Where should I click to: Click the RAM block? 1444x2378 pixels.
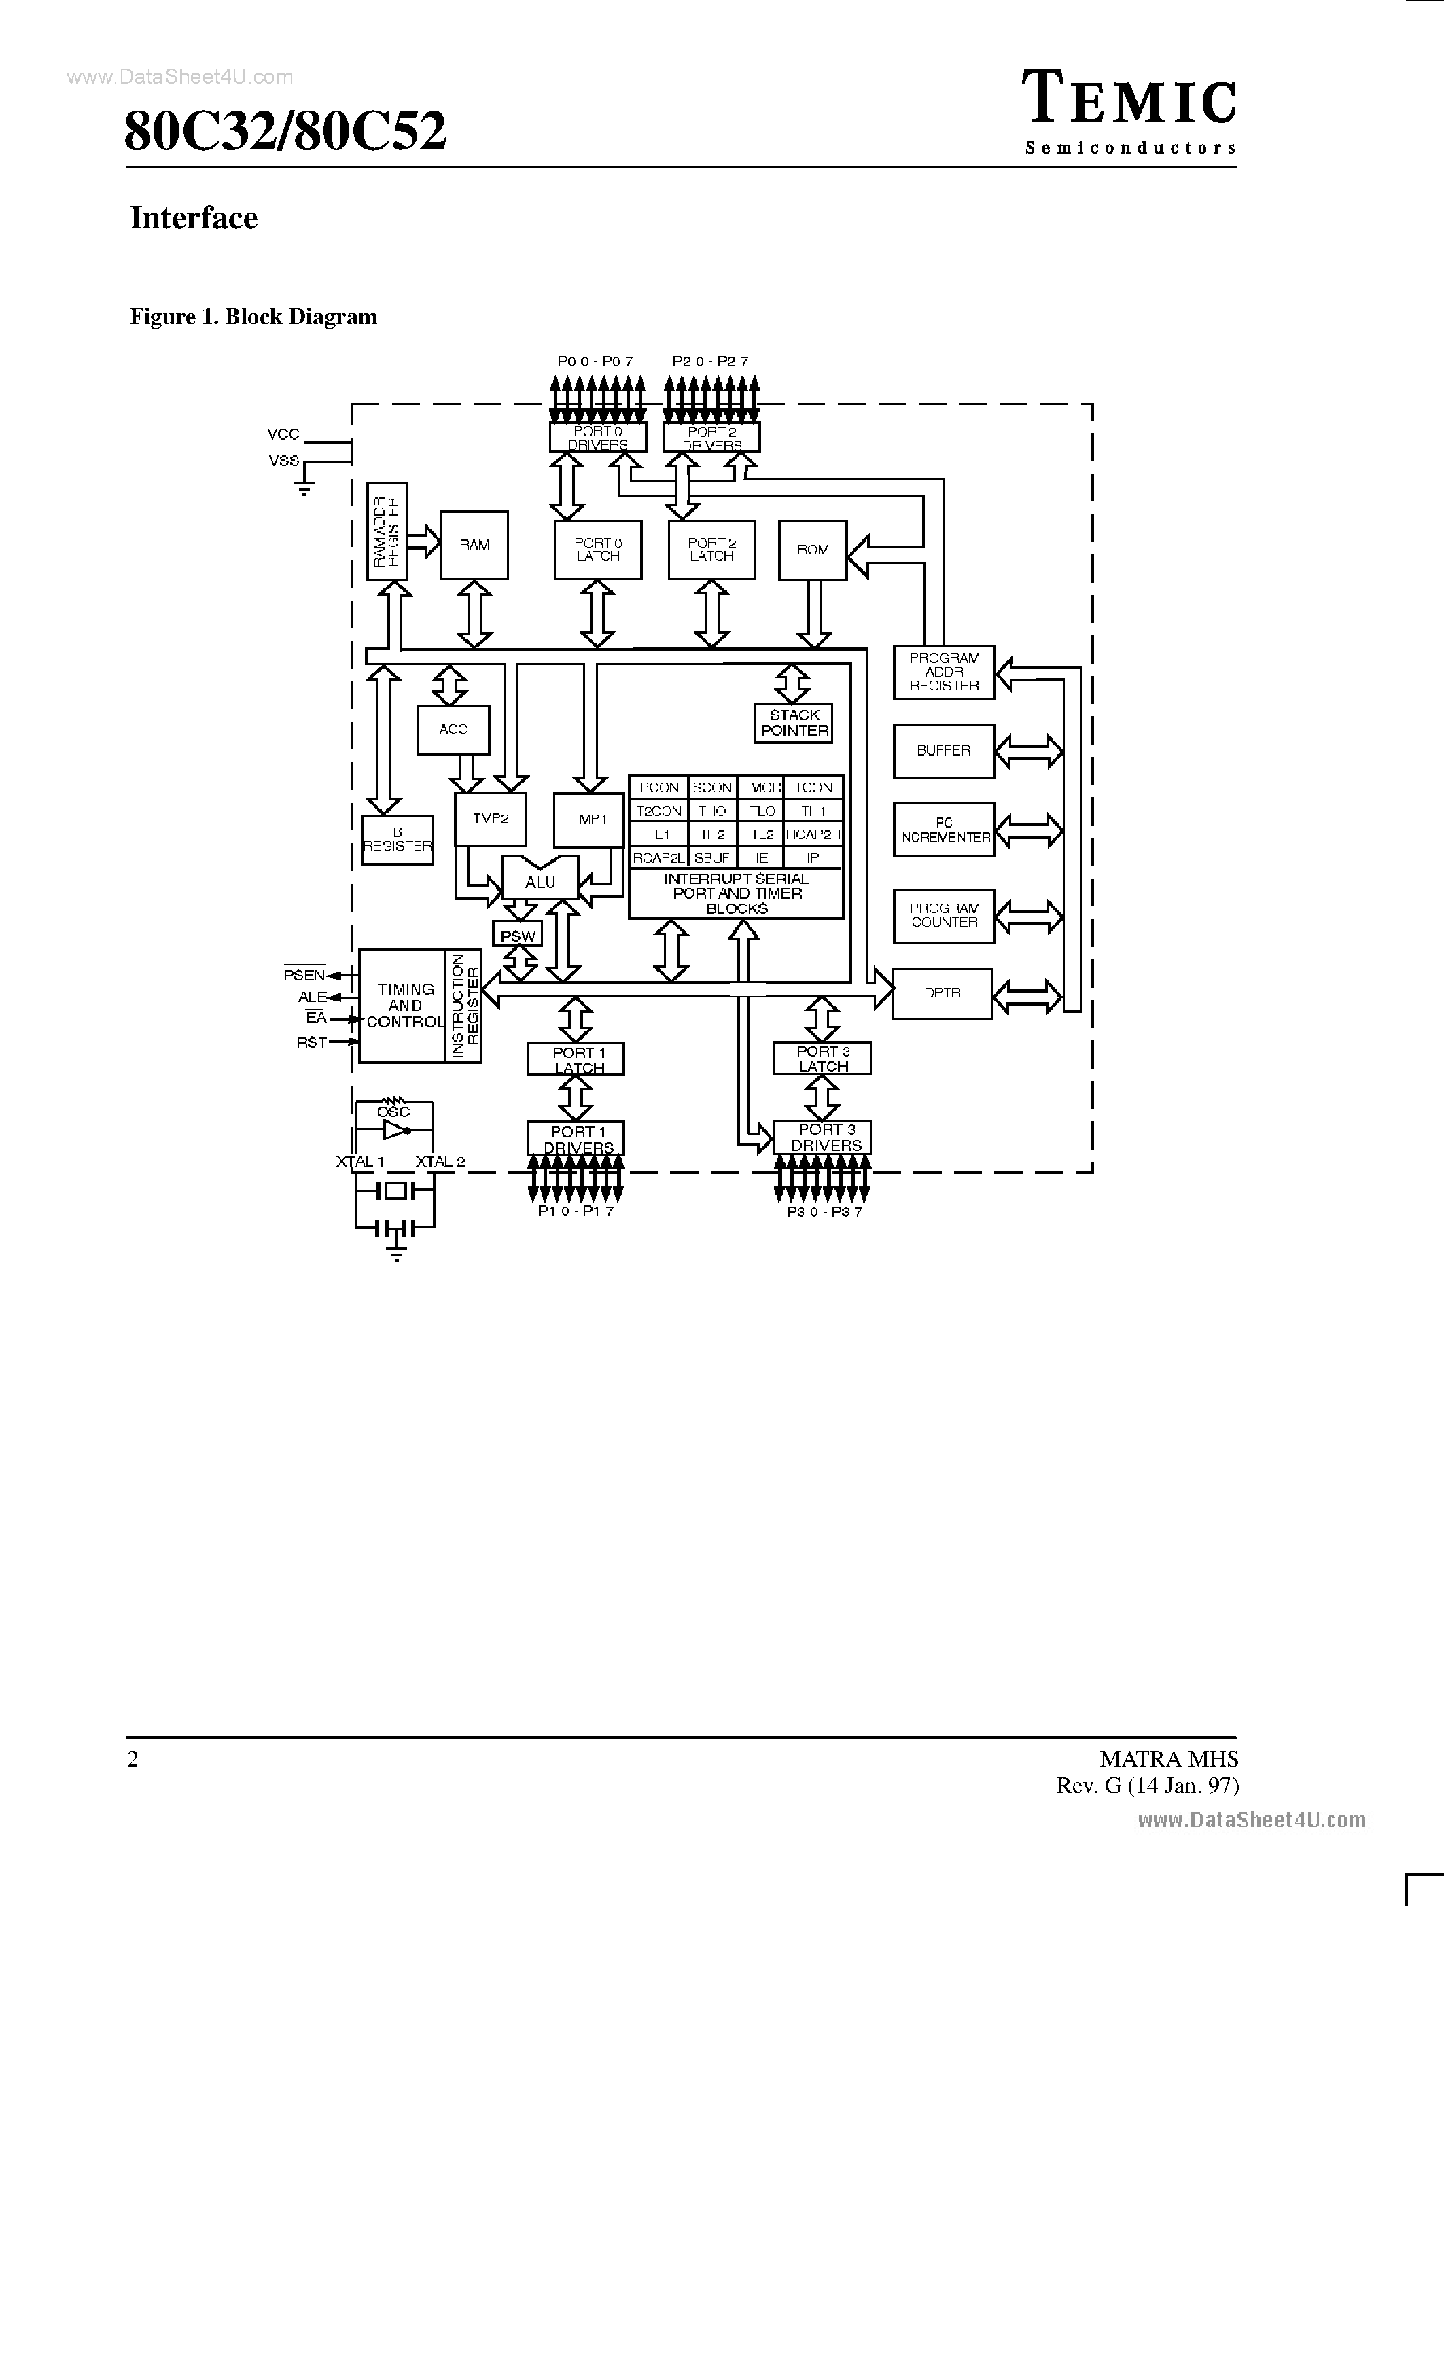pos(474,546)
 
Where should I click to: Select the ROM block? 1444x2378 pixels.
pos(813,550)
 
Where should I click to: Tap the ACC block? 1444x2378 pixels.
pos(453,730)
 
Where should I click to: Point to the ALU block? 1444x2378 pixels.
pos(540,882)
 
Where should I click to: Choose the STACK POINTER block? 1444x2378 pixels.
pos(794,723)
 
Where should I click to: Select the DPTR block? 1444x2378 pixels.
pos(942,993)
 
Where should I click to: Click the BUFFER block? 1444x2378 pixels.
pos(944,751)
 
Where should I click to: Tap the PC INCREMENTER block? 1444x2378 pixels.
pos(944,830)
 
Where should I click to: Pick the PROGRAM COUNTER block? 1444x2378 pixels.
pos(944,916)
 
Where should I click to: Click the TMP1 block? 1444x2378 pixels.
pos(588,819)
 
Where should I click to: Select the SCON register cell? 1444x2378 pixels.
pos(712,787)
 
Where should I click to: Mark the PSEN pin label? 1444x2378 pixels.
pos(303,976)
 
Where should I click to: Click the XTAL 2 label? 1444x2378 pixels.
pos(440,1162)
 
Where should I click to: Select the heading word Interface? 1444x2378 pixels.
pos(194,218)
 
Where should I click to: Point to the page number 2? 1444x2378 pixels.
pos(133,1759)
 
